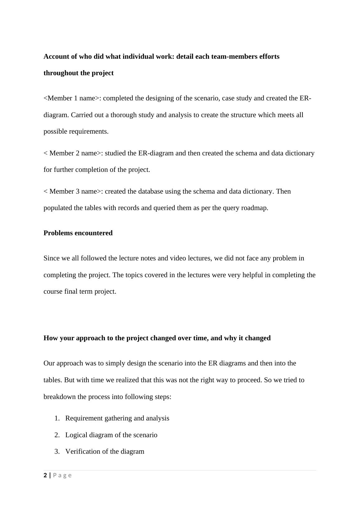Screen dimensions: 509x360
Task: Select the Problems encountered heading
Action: click(x=78, y=233)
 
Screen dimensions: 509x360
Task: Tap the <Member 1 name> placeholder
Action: click(x=72, y=98)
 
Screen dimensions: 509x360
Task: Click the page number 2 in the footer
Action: click(x=45, y=475)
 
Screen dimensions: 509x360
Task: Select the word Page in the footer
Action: click(x=62, y=475)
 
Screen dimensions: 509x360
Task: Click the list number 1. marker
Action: click(x=57, y=418)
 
